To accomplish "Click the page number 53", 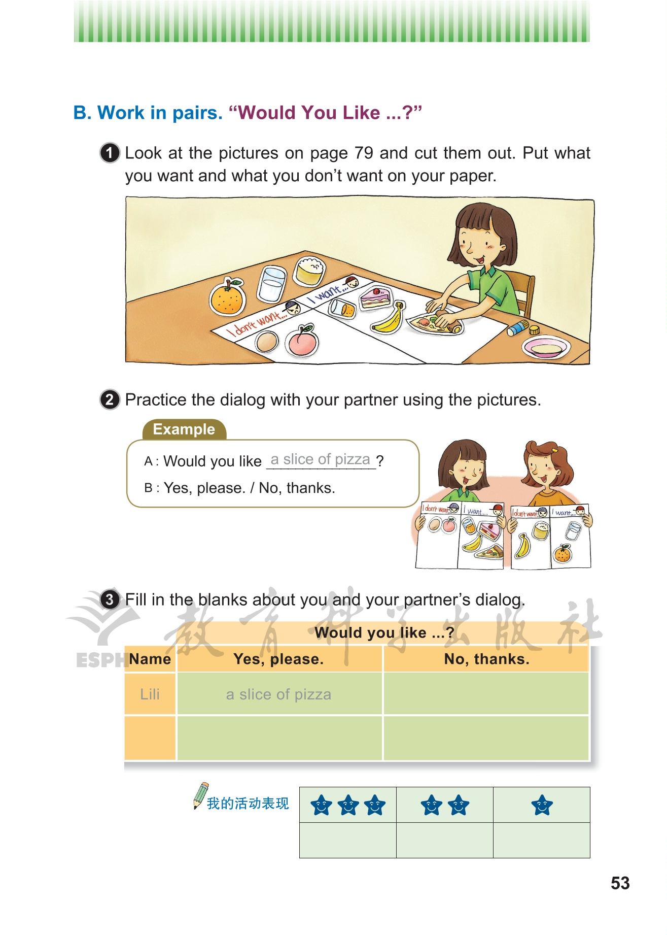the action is coord(620,883).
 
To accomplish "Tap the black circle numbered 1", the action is coord(110,153).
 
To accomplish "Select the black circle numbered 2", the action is coord(110,399).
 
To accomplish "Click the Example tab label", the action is coord(184,429).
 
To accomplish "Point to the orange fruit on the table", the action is coord(228,297).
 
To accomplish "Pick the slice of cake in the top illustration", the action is coord(375,297).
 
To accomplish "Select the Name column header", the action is coord(150,659).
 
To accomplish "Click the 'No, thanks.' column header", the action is coord(486,659).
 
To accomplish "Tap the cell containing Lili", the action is coord(150,694).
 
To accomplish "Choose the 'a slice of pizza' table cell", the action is coord(279,694).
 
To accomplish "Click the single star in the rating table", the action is coord(542,805).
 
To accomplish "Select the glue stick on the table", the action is coord(518,328).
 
